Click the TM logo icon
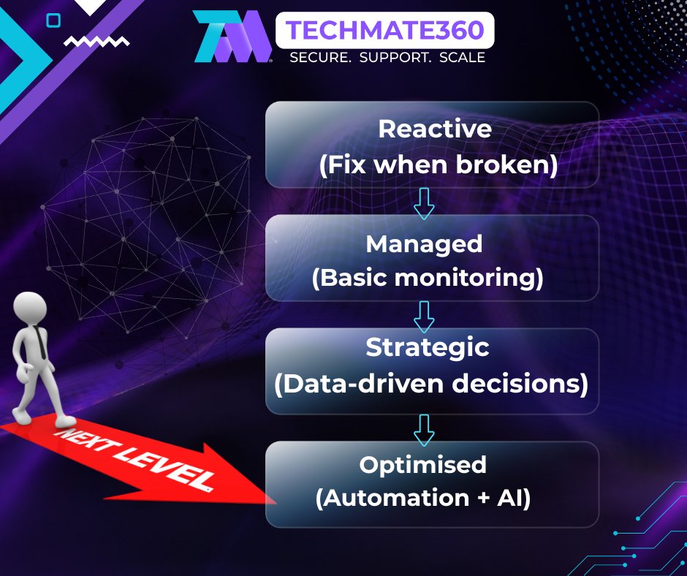pyautogui.click(x=232, y=36)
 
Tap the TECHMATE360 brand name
pyautogui.click(x=384, y=30)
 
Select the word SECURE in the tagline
pyautogui.click(x=320, y=58)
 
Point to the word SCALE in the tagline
pyautogui.click(x=462, y=58)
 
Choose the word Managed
pyautogui.click(x=424, y=245)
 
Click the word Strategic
pyautogui.click(x=428, y=348)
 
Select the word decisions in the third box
pyautogui.click(x=520, y=384)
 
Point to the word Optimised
pyautogui.click(x=423, y=465)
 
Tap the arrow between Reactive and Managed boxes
pyautogui.click(x=424, y=203)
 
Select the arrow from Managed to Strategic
pyautogui.click(x=424, y=317)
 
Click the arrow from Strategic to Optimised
pyautogui.click(x=424, y=430)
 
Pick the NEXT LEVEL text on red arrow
pyautogui.click(x=136, y=458)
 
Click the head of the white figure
pyautogui.click(x=30, y=308)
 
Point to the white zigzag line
pyautogui.click(x=96, y=42)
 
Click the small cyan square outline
pyautogui.click(x=53, y=20)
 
